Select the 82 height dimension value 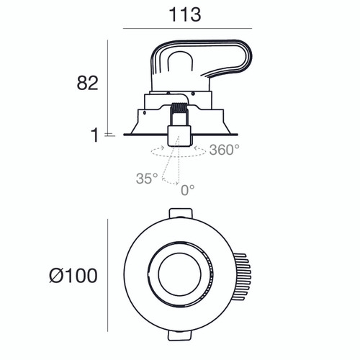(x=87, y=83)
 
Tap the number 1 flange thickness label (x=94, y=135)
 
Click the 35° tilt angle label (x=146, y=178)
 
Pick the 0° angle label (x=187, y=189)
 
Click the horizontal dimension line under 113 (x=186, y=28)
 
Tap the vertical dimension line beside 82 (x=108, y=86)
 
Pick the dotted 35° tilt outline (x=167, y=169)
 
